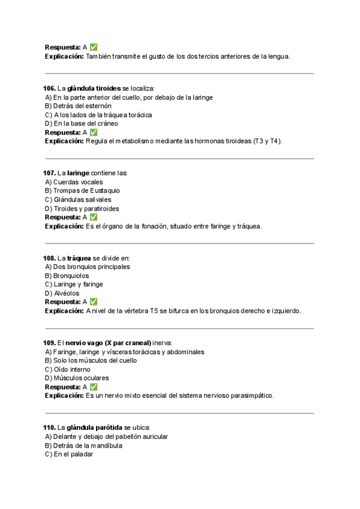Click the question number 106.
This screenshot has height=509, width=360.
(50, 88)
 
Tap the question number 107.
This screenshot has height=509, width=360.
(50, 173)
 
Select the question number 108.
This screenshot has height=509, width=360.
(50, 258)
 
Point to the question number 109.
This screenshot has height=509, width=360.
(50, 342)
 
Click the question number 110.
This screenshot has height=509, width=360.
(50, 427)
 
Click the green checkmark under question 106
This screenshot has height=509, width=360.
(94, 132)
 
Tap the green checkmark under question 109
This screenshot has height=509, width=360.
(94, 387)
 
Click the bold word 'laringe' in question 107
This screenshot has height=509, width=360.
(79, 173)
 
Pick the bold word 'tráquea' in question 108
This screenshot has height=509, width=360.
(79, 258)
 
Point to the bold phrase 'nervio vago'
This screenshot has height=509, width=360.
(85, 342)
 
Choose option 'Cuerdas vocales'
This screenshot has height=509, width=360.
(77, 182)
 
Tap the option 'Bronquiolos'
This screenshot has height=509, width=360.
(70, 276)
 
